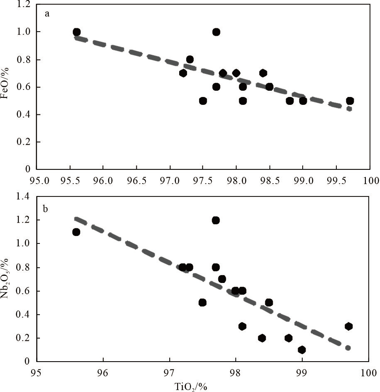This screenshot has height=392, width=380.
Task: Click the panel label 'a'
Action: tap(47, 14)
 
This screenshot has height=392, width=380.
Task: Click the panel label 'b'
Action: tap(46, 208)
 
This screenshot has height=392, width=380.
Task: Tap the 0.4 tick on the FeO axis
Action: tap(25, 114)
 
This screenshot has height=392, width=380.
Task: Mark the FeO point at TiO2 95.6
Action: tap(76, 32)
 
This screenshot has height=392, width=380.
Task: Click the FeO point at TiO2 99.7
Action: tap(350, 101)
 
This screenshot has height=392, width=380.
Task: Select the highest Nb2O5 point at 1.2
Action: tap(215, 220)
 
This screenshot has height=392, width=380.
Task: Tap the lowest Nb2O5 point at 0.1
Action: tap(302, 350)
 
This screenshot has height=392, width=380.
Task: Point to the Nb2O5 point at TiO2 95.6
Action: tap(76, 232)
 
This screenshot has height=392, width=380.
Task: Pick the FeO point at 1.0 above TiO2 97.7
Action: tap(216, 32)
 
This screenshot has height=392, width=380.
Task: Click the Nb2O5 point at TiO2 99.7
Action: tap(348, 326)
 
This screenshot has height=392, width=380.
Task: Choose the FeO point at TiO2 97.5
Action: tap(203, 101)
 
